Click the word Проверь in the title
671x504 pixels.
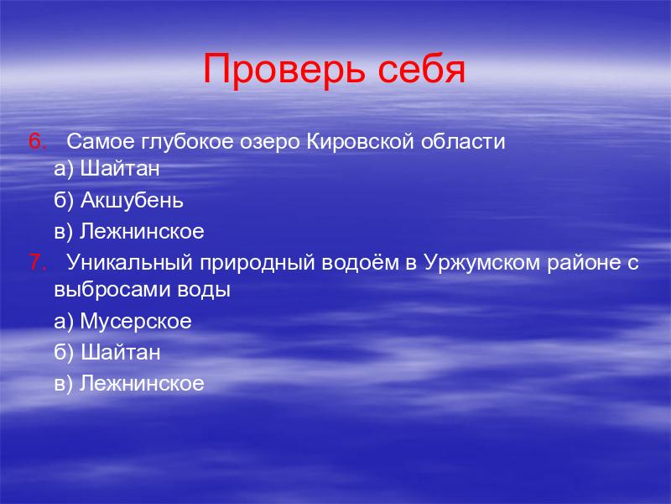[x=284, y=70]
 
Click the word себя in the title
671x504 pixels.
[x=422, y=69]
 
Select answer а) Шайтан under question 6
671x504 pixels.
[x=107, y=169]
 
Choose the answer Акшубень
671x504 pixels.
[x=132, y=200]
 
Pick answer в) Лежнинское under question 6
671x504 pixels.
[x=129, y=232]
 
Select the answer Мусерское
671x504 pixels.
[x=136, y=321]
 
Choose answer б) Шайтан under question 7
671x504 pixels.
[x=107, y=352]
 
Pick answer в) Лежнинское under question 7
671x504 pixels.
[x=129, y=384]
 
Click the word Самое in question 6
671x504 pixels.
[x=101, y=141]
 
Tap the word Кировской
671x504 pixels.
[x=361, y=141]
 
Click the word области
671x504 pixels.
[x=463, y=141]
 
